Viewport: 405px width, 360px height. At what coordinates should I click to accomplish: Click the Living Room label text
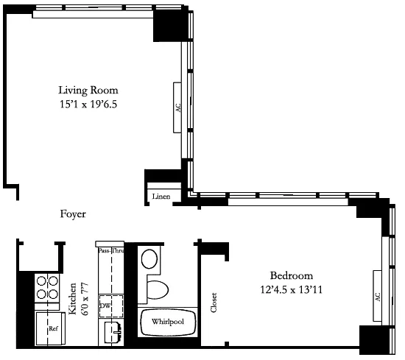pos(88,91)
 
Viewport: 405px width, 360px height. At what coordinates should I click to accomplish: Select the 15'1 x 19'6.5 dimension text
pos(88,105)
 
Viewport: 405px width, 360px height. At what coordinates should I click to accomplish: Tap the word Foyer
pos(73,215)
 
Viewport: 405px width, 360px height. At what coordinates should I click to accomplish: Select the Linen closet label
pos(161,197)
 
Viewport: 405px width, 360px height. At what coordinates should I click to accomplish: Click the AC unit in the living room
pos(177,107)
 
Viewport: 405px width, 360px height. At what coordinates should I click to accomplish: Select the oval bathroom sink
pos(151,259)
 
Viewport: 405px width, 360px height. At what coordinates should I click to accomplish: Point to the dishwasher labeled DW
pos(105,305)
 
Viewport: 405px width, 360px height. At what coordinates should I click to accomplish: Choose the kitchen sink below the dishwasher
pos(113,331)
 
